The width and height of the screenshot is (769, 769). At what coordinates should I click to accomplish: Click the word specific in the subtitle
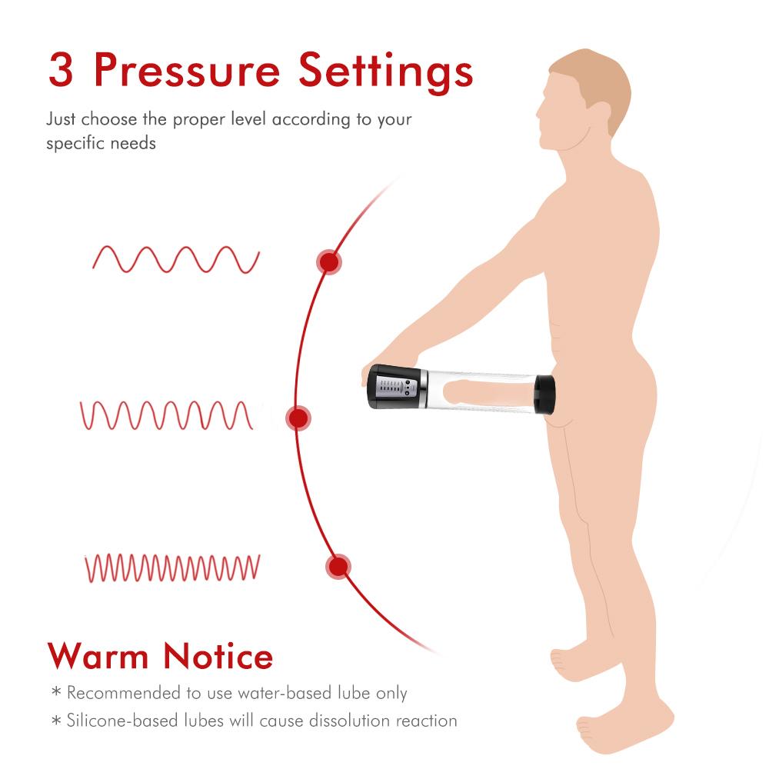[x=74, y=144]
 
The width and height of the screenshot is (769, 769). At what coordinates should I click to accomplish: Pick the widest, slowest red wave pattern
[x=176, y=260]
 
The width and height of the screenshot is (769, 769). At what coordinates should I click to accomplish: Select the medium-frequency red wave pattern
[x=168, y=415]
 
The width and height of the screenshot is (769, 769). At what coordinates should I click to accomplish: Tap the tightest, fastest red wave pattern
[x=172, y=568]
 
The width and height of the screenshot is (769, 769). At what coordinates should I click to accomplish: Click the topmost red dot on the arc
[x=328, y=262]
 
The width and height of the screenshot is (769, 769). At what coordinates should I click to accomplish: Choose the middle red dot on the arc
[x=298, y=418]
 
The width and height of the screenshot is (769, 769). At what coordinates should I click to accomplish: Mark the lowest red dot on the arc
[x=337, y=568]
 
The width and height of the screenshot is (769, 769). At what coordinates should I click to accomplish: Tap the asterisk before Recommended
[x=55, y=693]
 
